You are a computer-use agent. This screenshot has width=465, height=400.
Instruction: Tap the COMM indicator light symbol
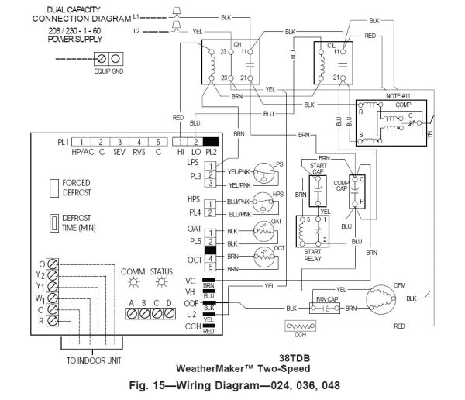pyautogui.click(x=127, y=281)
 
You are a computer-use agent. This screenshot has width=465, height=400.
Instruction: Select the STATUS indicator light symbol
pyautogui.click(x=161, y=281)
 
